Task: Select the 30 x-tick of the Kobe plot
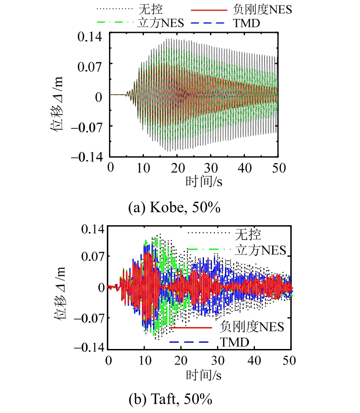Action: (211, 168)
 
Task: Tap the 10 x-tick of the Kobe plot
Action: (144, 168)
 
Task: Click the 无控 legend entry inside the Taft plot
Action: (244, 232)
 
